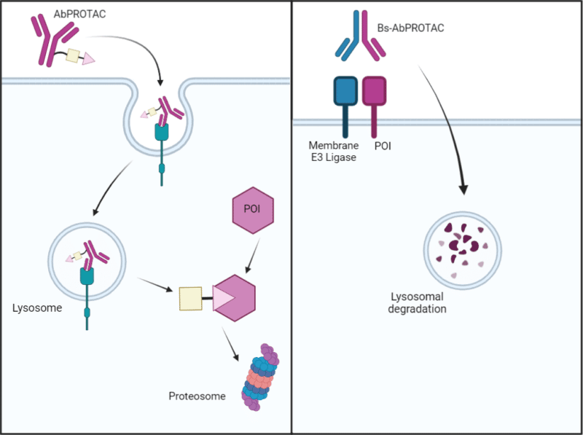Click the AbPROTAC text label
pos(79,14)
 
